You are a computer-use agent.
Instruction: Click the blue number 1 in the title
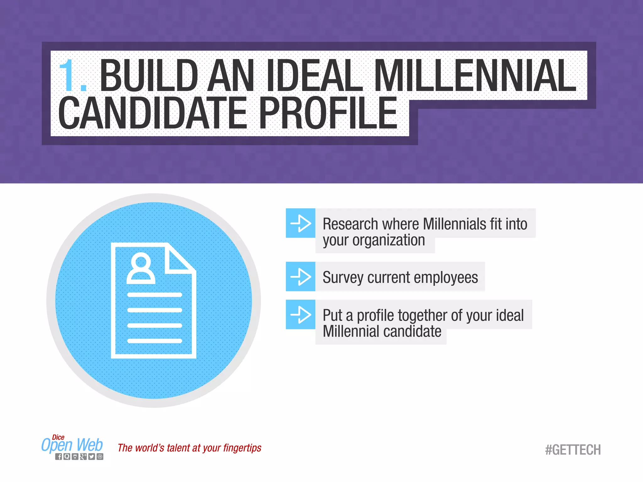tap(68, 75)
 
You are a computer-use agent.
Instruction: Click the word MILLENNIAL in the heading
tap(475, 76)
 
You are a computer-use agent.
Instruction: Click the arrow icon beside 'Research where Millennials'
tap(300, 223)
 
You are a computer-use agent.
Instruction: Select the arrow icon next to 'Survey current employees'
tap(300, 276)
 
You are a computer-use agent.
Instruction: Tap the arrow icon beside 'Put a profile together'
tap(300, 314)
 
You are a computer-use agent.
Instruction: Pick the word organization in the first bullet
tap(389, 241)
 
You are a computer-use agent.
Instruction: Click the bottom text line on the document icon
tap(154, 341)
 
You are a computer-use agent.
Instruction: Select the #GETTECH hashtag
tap(573, 450)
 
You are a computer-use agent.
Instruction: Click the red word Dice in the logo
tap(58, 437)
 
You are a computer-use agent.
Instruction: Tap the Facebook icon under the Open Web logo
tap(59, 457)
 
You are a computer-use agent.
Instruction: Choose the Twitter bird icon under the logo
tap(91, 457)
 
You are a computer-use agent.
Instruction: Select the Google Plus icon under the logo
tap(83, 457)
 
